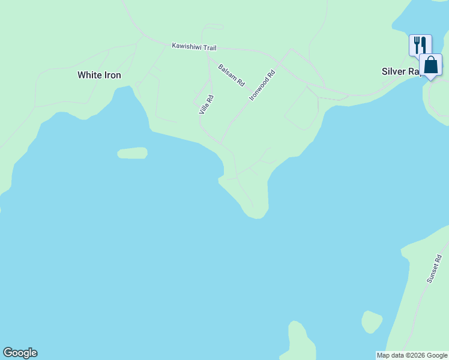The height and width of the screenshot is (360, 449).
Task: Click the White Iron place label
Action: tap(99, 75)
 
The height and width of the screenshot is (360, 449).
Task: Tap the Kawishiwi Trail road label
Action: tap(193, 46)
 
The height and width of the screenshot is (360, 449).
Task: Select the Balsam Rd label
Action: tap(231, 74)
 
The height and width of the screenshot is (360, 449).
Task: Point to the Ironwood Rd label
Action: tap(262, 85)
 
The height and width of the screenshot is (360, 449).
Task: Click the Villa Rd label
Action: tap(206, 104)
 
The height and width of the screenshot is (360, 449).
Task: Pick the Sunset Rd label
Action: tap(434, 269)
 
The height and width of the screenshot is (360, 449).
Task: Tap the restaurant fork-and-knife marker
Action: tap(420, 44)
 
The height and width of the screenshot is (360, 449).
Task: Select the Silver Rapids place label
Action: tap(400, 71)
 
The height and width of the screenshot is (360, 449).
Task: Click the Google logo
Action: tap(20, 353)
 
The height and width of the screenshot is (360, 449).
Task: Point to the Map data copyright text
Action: tap(412, 356)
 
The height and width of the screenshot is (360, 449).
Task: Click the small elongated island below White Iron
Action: tap(132, 153)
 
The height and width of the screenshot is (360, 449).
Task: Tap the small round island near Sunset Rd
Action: tap(372, 322)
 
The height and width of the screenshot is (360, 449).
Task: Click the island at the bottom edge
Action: tap(301, 343)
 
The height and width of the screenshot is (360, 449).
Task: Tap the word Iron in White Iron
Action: tap(112, 75)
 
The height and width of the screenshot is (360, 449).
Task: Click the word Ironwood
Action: tap(261, 88)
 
